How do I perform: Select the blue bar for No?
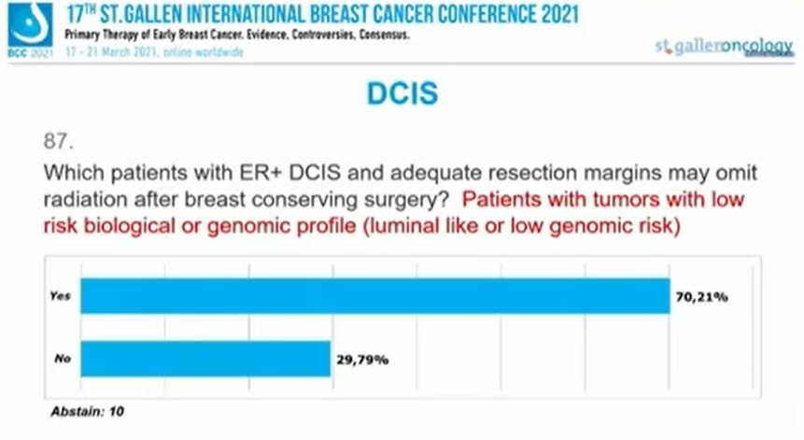pyautogui.click(x=205, y=359)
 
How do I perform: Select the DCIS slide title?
pyautogui.click(x=401, y=94)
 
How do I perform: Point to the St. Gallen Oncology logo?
pyautogui.click(x=725, y=48)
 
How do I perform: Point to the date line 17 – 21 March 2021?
pyautogui.click(x=154, y=52)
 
